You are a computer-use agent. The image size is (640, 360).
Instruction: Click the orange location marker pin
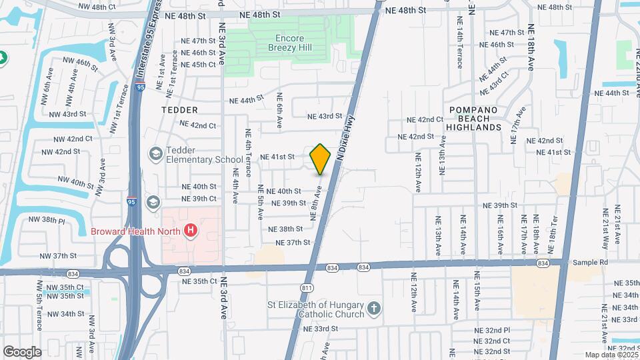(x=320, y=158)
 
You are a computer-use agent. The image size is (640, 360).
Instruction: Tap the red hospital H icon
(x=191, y=231)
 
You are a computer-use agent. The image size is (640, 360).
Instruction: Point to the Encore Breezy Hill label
(x=289, y=43)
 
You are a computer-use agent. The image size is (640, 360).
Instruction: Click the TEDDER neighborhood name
(x=179, y=109)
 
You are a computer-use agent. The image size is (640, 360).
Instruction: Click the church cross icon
(x=375, y=309)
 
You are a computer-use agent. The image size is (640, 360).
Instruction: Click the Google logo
(x=22, y=351)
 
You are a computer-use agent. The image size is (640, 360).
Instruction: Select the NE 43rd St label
(x=325, y=116)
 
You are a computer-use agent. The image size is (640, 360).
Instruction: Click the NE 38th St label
(x=285, y=229)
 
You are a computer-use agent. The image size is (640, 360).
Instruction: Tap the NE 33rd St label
(x=321, y=329)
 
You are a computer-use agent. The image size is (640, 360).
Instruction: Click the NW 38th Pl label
(x=47, y=219)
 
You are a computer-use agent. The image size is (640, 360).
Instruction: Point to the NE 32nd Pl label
(x=492, y=330)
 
